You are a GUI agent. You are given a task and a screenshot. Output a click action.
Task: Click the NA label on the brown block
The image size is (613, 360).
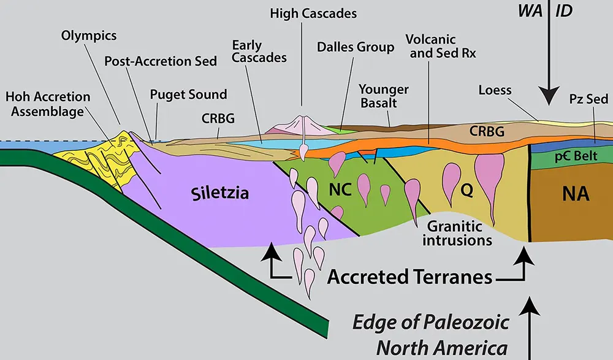tap(576, 195)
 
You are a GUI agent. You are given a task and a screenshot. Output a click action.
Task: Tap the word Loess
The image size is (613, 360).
tap(495, 91)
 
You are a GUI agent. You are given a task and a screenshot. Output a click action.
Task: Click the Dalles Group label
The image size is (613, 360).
tap(356, 47)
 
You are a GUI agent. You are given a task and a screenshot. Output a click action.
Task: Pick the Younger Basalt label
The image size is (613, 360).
tap(384, 96)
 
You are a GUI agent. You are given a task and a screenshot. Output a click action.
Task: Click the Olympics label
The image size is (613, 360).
tap(89, 35)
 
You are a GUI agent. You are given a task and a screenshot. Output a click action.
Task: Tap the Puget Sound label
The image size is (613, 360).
tap(189, 94)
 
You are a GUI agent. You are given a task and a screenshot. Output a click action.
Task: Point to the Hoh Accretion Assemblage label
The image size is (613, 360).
tap(48, 104)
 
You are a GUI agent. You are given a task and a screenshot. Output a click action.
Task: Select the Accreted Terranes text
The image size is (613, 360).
tap(410, 277)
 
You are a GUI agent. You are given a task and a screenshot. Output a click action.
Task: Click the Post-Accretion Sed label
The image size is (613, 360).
tap(161, 61)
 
